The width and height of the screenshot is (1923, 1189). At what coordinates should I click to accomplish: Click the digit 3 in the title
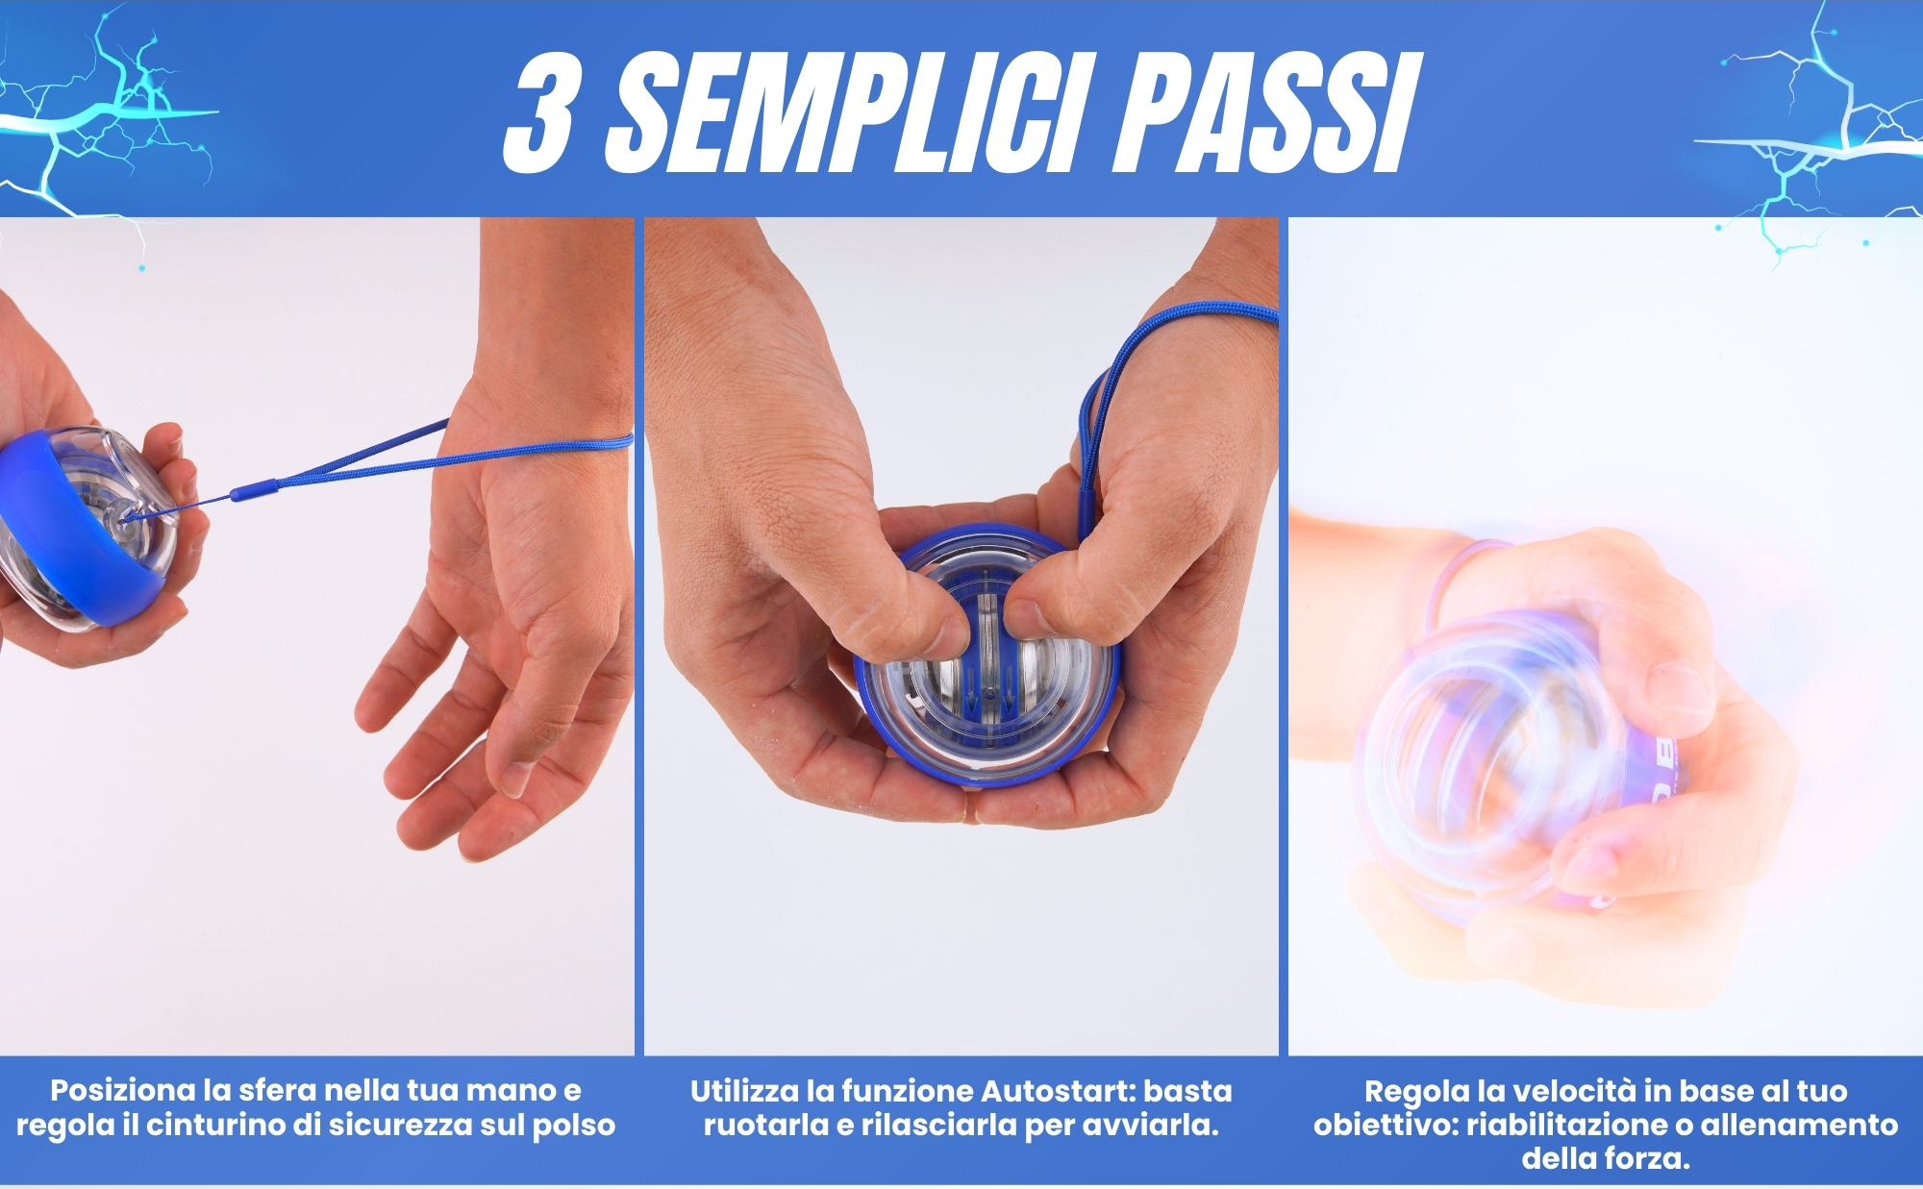click(x=540, y=111)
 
